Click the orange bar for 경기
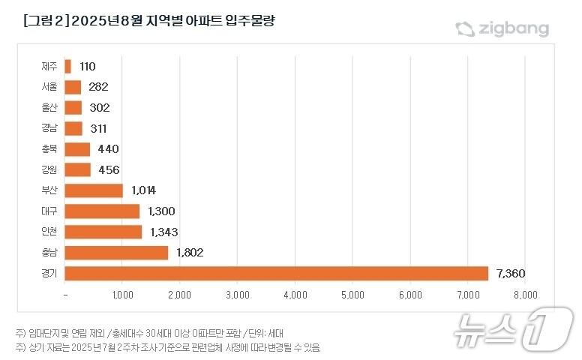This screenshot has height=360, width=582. point(277,273)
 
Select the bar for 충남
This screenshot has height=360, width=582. point(116,253)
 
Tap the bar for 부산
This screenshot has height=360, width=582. point(94,190)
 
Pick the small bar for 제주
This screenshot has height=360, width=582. point(68,67)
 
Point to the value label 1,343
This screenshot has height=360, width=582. point(162,232)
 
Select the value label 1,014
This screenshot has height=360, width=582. point(142,190)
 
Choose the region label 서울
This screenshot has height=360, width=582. point(49,88)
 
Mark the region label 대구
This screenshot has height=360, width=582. point(49,211)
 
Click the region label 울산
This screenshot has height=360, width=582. point(49,108)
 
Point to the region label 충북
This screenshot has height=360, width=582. point(49,149)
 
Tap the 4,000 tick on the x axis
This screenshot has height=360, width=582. point(295,295)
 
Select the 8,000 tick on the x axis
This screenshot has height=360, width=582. point(525,295)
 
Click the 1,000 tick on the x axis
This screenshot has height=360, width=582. point(123,295)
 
